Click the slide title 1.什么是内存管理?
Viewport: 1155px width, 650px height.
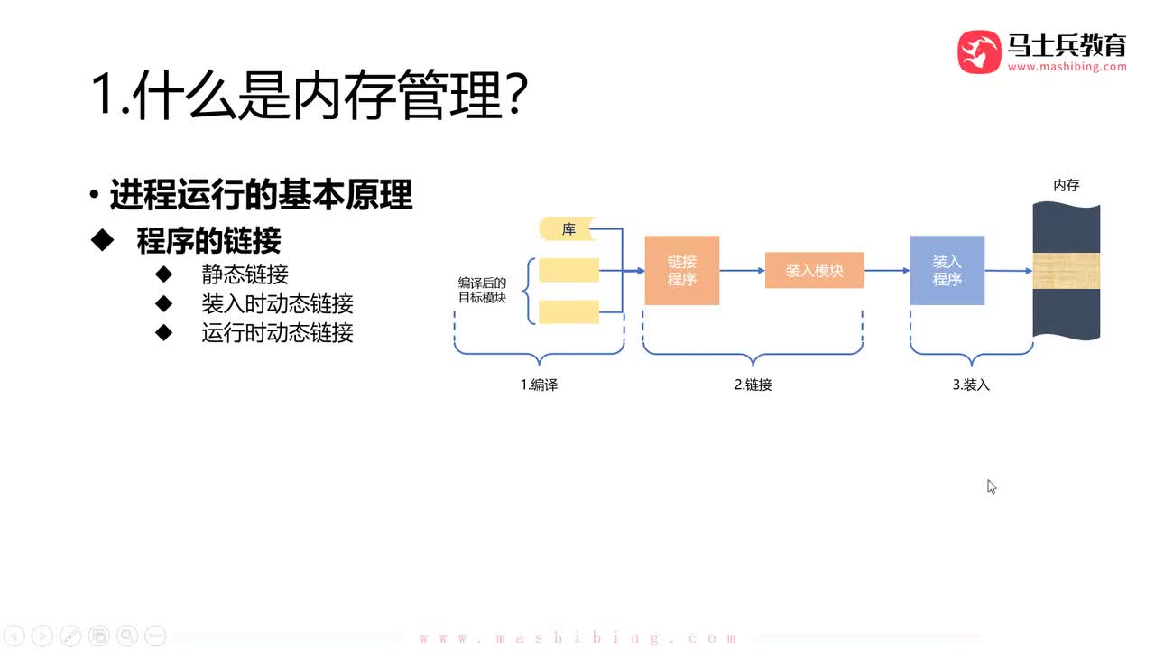(x=307, y=95)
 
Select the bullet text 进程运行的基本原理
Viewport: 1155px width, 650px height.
(x=261, y=194)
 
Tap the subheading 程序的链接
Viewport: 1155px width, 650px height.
(x=208, y=240)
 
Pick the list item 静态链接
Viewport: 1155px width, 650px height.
(x=245, y=274)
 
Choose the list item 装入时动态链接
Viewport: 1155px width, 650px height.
(x=277, y=303)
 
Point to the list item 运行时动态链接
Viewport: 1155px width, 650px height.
(x=277, y=332)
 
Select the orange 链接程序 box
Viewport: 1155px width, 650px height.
(x=681, y=270)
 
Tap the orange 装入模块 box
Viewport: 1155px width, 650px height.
(x=814, y=271)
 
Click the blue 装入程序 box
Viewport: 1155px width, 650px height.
(x=947, y=270)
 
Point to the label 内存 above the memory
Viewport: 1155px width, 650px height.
(x=1066, y=185)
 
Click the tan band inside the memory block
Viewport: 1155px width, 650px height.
(x=1066, y=272)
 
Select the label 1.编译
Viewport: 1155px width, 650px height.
(x=539, y=385)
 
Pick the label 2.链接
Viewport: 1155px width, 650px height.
(x=753, y=385)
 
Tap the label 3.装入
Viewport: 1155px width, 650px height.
(x=971, y=385)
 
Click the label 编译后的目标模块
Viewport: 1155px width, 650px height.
(x=482, y=290)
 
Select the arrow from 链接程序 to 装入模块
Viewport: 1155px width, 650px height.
(x=742, y=270)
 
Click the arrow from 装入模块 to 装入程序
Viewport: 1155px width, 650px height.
(x=887, y=270)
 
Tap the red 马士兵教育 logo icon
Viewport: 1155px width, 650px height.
(x=979, y=51)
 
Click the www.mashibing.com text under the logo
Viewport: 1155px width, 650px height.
(x=1067, y=67)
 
